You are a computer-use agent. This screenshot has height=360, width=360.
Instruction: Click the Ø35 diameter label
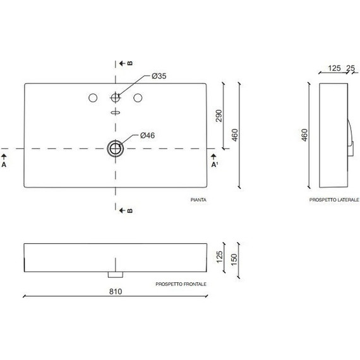[x=159, y=76]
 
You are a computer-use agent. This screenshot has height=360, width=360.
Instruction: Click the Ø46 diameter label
[x=147, y=135]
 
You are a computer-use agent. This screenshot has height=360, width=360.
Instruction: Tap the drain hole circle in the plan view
[x=116, y=148]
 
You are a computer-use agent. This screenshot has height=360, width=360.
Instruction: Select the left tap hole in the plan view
[x=93, y=98]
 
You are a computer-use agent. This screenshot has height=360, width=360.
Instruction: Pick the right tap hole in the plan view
[x=138, y=98]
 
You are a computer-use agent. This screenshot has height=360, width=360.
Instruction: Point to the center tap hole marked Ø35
[x=116, y=98]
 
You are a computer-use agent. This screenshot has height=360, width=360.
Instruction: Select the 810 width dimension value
[x=114, y=291]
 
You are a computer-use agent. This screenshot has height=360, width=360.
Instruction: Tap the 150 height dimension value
[x=235, y=260]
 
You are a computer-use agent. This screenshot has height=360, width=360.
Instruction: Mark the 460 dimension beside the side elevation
[x=304, y=135]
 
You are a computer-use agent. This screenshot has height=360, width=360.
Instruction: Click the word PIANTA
[x=199, y=200]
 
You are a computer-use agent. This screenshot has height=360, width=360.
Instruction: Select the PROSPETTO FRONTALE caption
[x=181, y=284]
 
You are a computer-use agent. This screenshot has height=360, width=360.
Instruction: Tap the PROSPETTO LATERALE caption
[x=334, y=200]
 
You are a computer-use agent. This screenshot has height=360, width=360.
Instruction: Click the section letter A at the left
[x=4, y=164]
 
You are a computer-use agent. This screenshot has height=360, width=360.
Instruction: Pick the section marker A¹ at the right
[x=214, y=164]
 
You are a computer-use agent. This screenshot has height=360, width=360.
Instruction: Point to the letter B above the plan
[x=129, y=64]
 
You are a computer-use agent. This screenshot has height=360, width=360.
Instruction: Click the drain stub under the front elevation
[x=115, y=275]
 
